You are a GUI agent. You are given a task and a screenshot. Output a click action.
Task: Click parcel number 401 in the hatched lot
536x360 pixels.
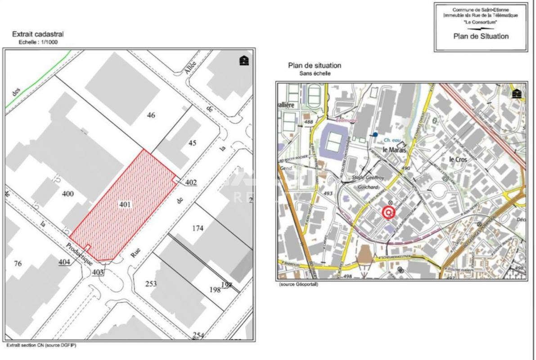click(125, 205)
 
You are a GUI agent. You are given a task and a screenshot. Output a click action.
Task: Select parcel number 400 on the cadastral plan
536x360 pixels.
click(68, 194)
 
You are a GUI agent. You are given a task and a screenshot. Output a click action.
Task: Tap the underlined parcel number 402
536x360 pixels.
click(191, 182)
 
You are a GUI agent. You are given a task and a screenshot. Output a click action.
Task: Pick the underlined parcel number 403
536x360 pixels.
click(98, 272)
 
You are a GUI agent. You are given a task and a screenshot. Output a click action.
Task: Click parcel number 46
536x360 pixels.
click(151, 115)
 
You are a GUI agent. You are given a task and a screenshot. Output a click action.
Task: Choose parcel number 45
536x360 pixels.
click(192, 143)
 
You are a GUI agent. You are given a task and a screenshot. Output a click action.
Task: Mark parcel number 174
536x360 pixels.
click(198, 228)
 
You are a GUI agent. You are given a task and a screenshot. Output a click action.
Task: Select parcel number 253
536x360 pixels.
click(151, 283)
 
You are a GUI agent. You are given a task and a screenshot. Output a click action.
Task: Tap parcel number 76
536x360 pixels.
click(18, 264)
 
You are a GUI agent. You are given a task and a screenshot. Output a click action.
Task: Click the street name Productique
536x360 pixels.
click(79, 253)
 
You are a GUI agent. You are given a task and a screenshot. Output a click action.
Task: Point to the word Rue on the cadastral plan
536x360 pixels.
click(135, 253)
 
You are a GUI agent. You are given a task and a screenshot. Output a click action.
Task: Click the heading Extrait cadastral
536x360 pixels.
click(38, 34)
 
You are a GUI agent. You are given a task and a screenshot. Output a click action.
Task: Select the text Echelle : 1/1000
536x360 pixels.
click(38, 42)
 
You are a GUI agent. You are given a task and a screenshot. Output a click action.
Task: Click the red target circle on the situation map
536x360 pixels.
click(388, 212)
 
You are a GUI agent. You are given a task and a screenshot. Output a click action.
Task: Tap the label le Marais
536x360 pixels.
click(394, 150)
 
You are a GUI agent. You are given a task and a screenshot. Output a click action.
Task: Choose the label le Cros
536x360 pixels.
click(458, 159)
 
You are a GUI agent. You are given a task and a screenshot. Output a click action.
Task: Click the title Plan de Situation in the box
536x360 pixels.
click(481, 36)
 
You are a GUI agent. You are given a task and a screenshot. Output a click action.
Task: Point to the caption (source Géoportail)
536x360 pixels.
click(298, 284)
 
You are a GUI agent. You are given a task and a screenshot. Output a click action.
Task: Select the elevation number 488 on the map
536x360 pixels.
click(308, 122)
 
